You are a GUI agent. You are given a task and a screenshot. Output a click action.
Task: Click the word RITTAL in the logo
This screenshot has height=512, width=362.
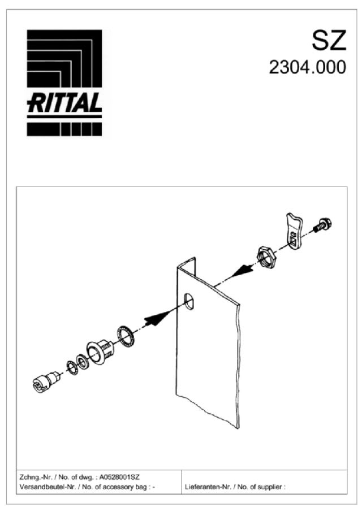pos(64,103)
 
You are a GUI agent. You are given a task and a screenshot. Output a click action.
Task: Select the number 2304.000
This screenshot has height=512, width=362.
pos(307,67)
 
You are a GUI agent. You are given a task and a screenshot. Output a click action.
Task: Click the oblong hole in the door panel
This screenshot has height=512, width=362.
pos(191,300)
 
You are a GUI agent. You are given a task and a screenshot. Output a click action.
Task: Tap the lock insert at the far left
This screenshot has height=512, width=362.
pos(45,381)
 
